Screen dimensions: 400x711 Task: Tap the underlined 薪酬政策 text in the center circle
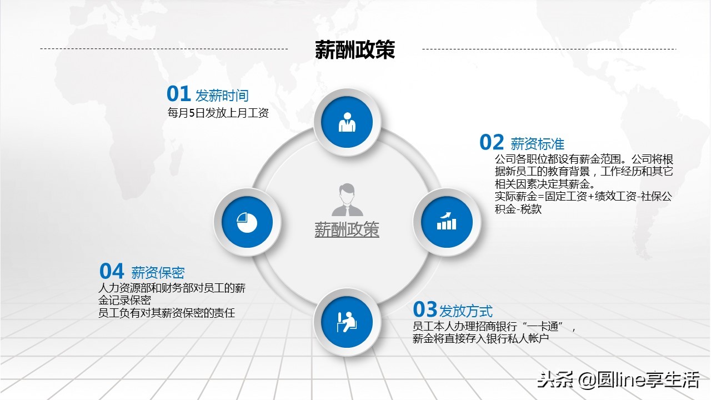coord(347,229)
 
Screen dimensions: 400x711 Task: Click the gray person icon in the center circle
coord(347,199)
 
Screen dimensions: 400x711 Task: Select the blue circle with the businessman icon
coord(347,122)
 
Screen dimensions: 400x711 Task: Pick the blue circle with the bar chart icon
coord(447,222)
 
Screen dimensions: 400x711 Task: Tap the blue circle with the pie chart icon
coord(247,222)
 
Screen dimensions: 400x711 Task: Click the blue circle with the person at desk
coord(347,322)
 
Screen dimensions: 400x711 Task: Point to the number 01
coord(179,94)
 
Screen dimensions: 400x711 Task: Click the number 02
coord(492,143)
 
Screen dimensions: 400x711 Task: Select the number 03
coord(425,309)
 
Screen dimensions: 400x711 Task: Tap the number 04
coord(112,271)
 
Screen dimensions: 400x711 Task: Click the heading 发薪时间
coord(222,96)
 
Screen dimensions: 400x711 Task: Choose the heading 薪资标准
coord(537,144)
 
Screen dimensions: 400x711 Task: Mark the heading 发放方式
coord(465,311)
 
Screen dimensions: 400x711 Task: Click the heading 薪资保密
coord(158,273)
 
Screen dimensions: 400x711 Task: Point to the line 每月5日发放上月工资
coord(218,113)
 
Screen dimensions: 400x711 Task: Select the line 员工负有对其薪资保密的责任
coord(167,313)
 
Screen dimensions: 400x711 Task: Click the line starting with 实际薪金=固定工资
coord(583,197)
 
